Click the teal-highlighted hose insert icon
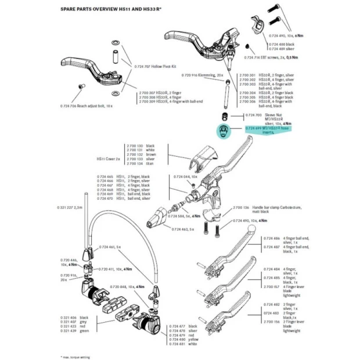tap(223, 130)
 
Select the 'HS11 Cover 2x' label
tap(109, 157)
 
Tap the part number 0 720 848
tap(125, 286)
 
